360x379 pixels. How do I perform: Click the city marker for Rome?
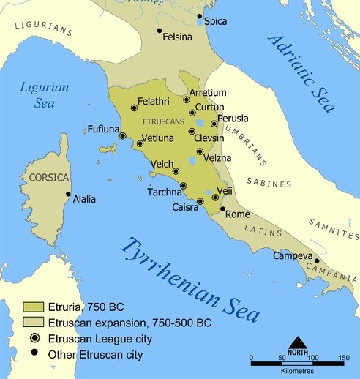coord(223,209)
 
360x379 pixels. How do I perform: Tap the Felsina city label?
coord(178,35)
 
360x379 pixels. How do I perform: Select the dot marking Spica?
coord(200,15)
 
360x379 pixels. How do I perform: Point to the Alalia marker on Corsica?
coord(68,195)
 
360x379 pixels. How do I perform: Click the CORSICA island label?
coord(48,178)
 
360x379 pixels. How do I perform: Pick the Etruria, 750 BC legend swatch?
coord(33,307)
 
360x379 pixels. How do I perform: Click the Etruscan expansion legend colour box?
coord(33,323)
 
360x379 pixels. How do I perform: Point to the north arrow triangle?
coord(297,342)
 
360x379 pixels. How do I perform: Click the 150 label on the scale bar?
coord(342,358)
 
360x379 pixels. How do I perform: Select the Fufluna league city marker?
coord(123,135)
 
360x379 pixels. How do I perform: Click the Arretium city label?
coord(208,93)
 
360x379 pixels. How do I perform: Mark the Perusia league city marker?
coord(214,124)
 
